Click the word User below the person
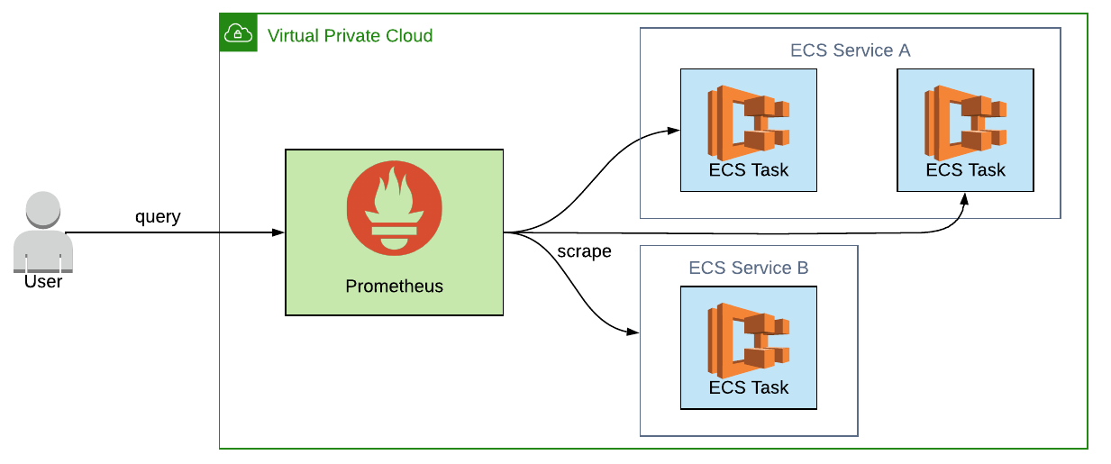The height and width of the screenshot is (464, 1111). (x=43, y=281)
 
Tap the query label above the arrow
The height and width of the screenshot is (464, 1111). (x=158, y=217)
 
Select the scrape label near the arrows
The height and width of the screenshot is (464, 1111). (x=584, y=251)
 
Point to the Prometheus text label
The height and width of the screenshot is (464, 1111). (x=395, y=287)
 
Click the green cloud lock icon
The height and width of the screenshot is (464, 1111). (x=238, y=33)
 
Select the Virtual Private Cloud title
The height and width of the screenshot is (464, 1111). (x=350, y=36)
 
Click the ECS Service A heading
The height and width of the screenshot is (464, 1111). (x=850, y=50)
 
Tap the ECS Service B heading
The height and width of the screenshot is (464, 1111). (x=748, y=268)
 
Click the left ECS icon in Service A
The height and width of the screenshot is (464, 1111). (x=748, y=117)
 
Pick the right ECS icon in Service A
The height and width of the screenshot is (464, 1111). (x=965, y=117)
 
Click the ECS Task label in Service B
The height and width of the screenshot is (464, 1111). (x=749, y=387)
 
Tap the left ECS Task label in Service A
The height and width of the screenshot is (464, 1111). (x=749, y=169)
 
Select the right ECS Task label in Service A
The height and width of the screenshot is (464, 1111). (x=966, y=169)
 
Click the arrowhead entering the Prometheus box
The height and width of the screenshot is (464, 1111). (x=278, y=232)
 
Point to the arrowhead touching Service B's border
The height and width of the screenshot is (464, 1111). (x=633, y=332)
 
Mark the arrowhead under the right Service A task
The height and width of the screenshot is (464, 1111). (x=964, y=198)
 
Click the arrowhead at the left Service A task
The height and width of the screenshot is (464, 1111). (x=674, y=131)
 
